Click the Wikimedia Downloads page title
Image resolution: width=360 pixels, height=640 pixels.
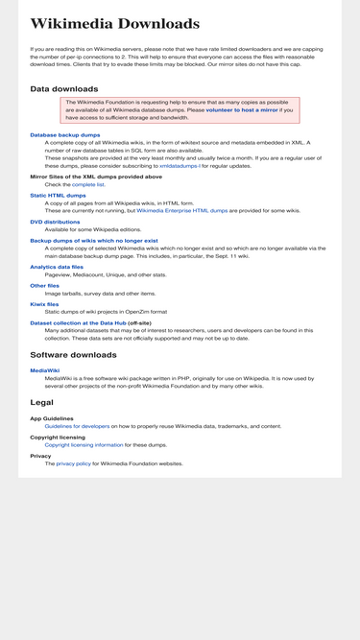[115, 24]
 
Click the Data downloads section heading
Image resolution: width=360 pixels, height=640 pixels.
[63, 89]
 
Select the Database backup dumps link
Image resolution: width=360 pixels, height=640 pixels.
[64, 135]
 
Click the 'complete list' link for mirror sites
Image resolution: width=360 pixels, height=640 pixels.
[88, 184]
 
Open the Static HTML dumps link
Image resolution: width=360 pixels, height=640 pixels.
[58, 195]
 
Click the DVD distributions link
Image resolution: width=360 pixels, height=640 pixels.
[56, 222]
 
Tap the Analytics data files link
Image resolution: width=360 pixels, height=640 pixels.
[63, 267]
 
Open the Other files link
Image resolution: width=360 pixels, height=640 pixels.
[44, 285]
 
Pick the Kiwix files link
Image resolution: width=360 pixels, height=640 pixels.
[44, 303]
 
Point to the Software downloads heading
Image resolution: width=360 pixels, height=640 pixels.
[74, 355]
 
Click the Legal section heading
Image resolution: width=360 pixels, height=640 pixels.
[41, 402]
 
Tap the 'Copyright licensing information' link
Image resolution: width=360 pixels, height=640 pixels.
[84, 445]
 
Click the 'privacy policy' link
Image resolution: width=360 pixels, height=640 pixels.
[73, 463]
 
